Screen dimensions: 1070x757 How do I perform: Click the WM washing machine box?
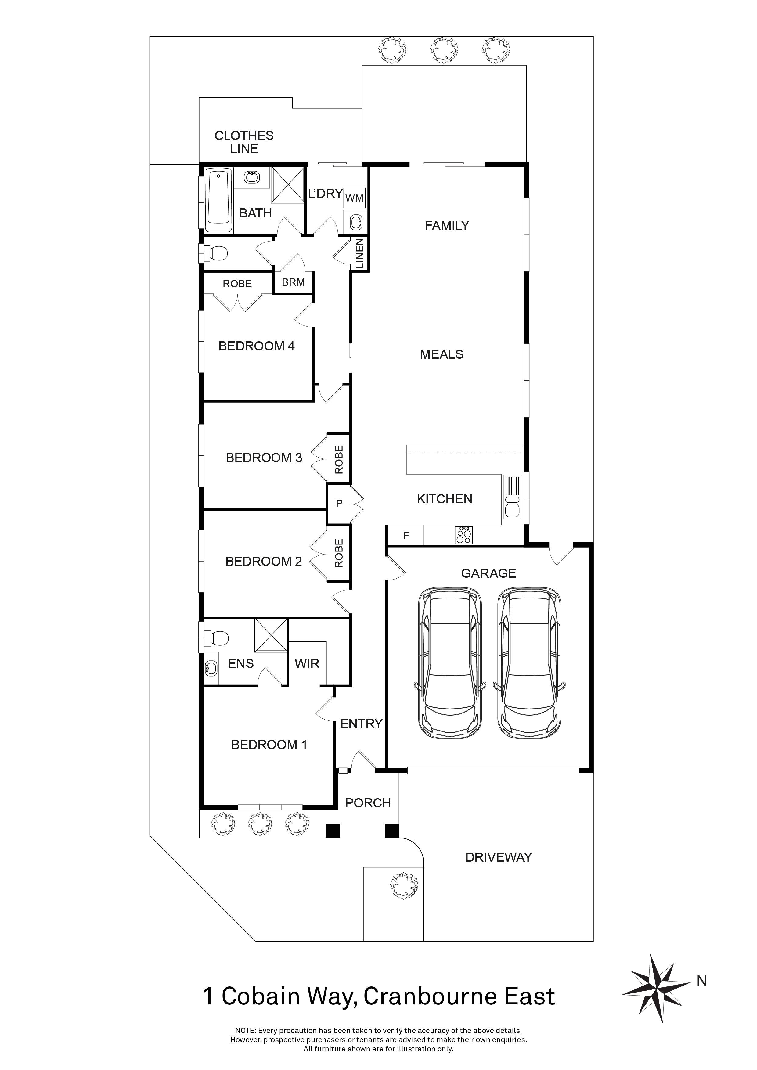pos(354,198)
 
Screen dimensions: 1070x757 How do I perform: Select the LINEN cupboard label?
pos(359,254)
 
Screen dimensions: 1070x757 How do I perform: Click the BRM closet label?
pos(293,282)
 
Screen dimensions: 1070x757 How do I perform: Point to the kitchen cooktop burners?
pos(464,535)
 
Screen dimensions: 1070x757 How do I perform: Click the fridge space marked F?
pos(406,536)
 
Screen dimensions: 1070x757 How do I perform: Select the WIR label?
pos(307,664)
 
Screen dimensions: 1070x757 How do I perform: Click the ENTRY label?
pos(361,724)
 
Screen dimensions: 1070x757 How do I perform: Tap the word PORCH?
pos(368,803)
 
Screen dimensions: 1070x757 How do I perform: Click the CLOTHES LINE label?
pos(244,142)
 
